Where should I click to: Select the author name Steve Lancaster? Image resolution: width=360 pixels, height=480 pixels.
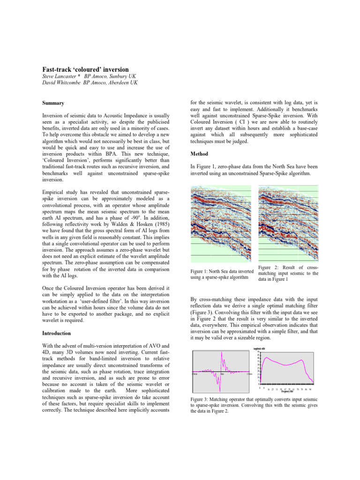tap(54, 76)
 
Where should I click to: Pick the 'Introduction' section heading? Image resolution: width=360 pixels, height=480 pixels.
tap(55, 333)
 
